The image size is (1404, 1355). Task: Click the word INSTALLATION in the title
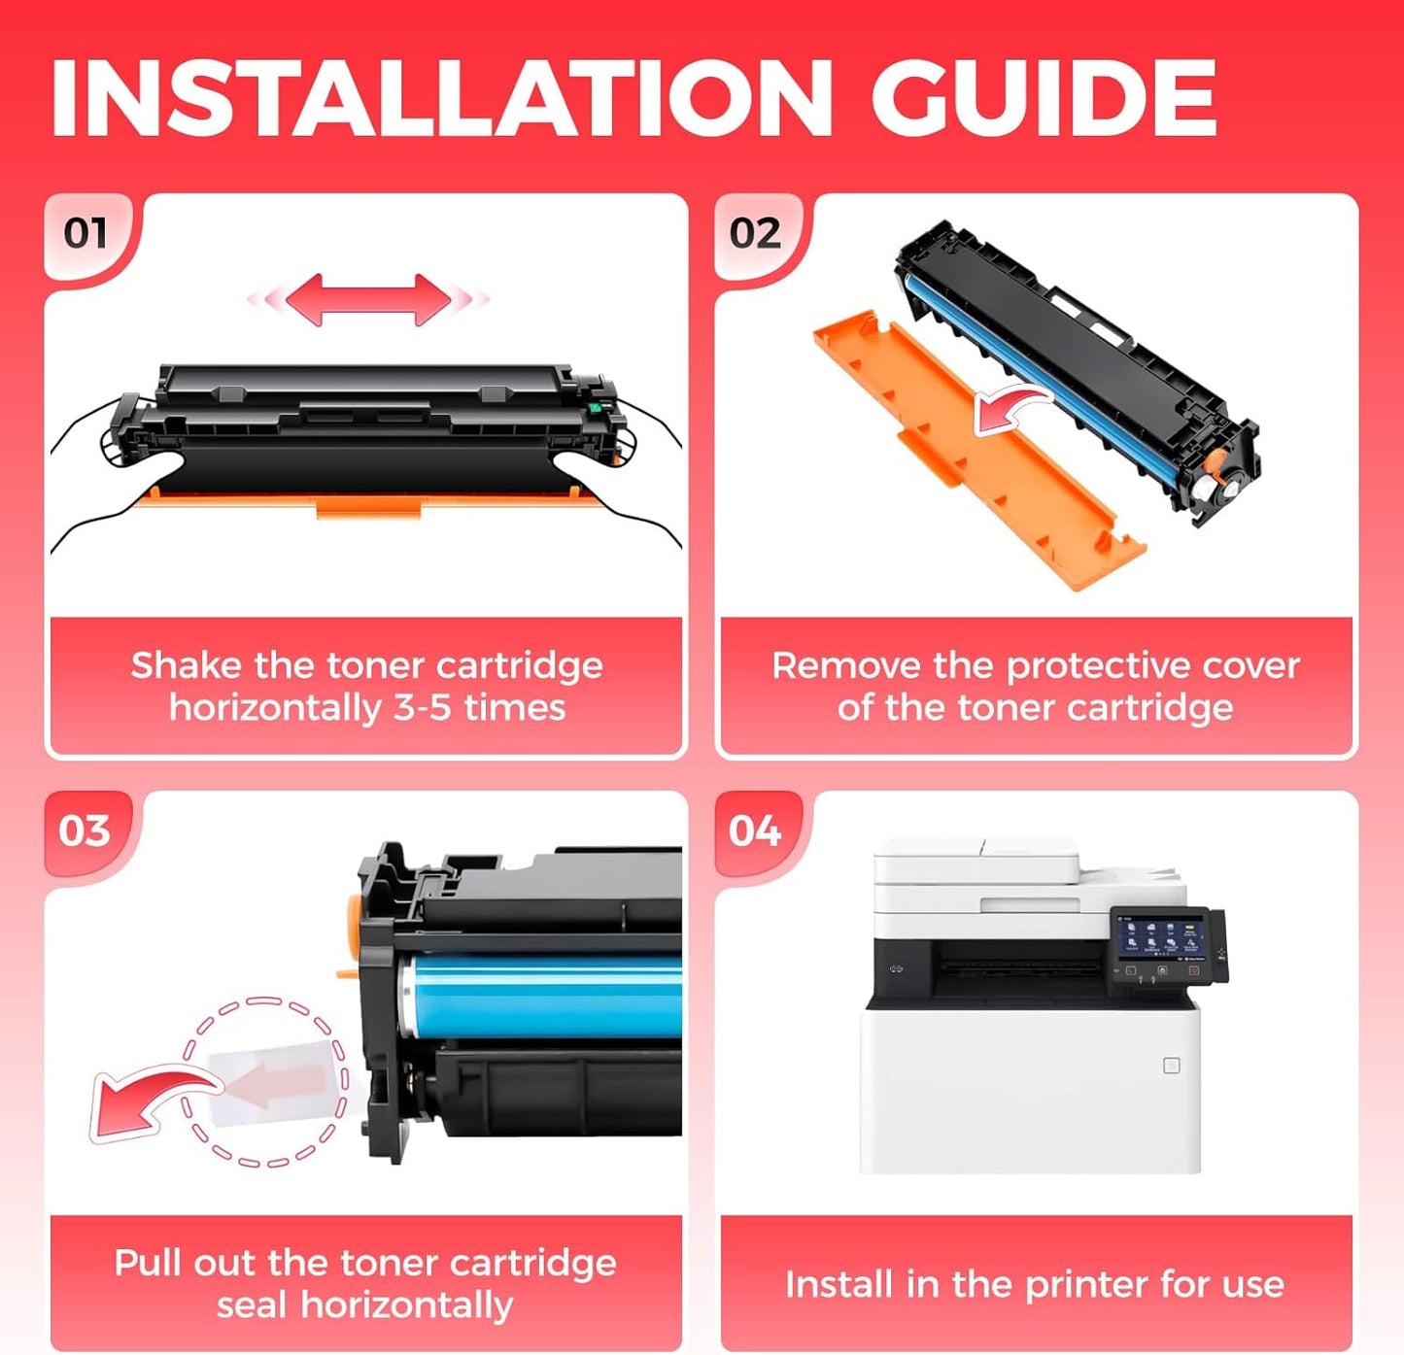pos(440,99)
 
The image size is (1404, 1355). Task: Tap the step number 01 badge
pos(86,233)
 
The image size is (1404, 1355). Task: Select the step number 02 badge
pos(755,233)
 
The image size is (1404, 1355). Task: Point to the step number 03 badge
pos(85,830)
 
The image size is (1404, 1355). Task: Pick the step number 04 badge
pos(755,830)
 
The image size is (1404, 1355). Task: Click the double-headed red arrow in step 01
pos(367,299)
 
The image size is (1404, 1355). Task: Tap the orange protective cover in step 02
pos(972,457)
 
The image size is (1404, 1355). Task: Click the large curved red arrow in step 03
pos(146,1102)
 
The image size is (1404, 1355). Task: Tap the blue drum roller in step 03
pos(544,996)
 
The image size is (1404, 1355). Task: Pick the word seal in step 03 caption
pos(253,1305)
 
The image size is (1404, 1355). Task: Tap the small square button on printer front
pos(1172,1066)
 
